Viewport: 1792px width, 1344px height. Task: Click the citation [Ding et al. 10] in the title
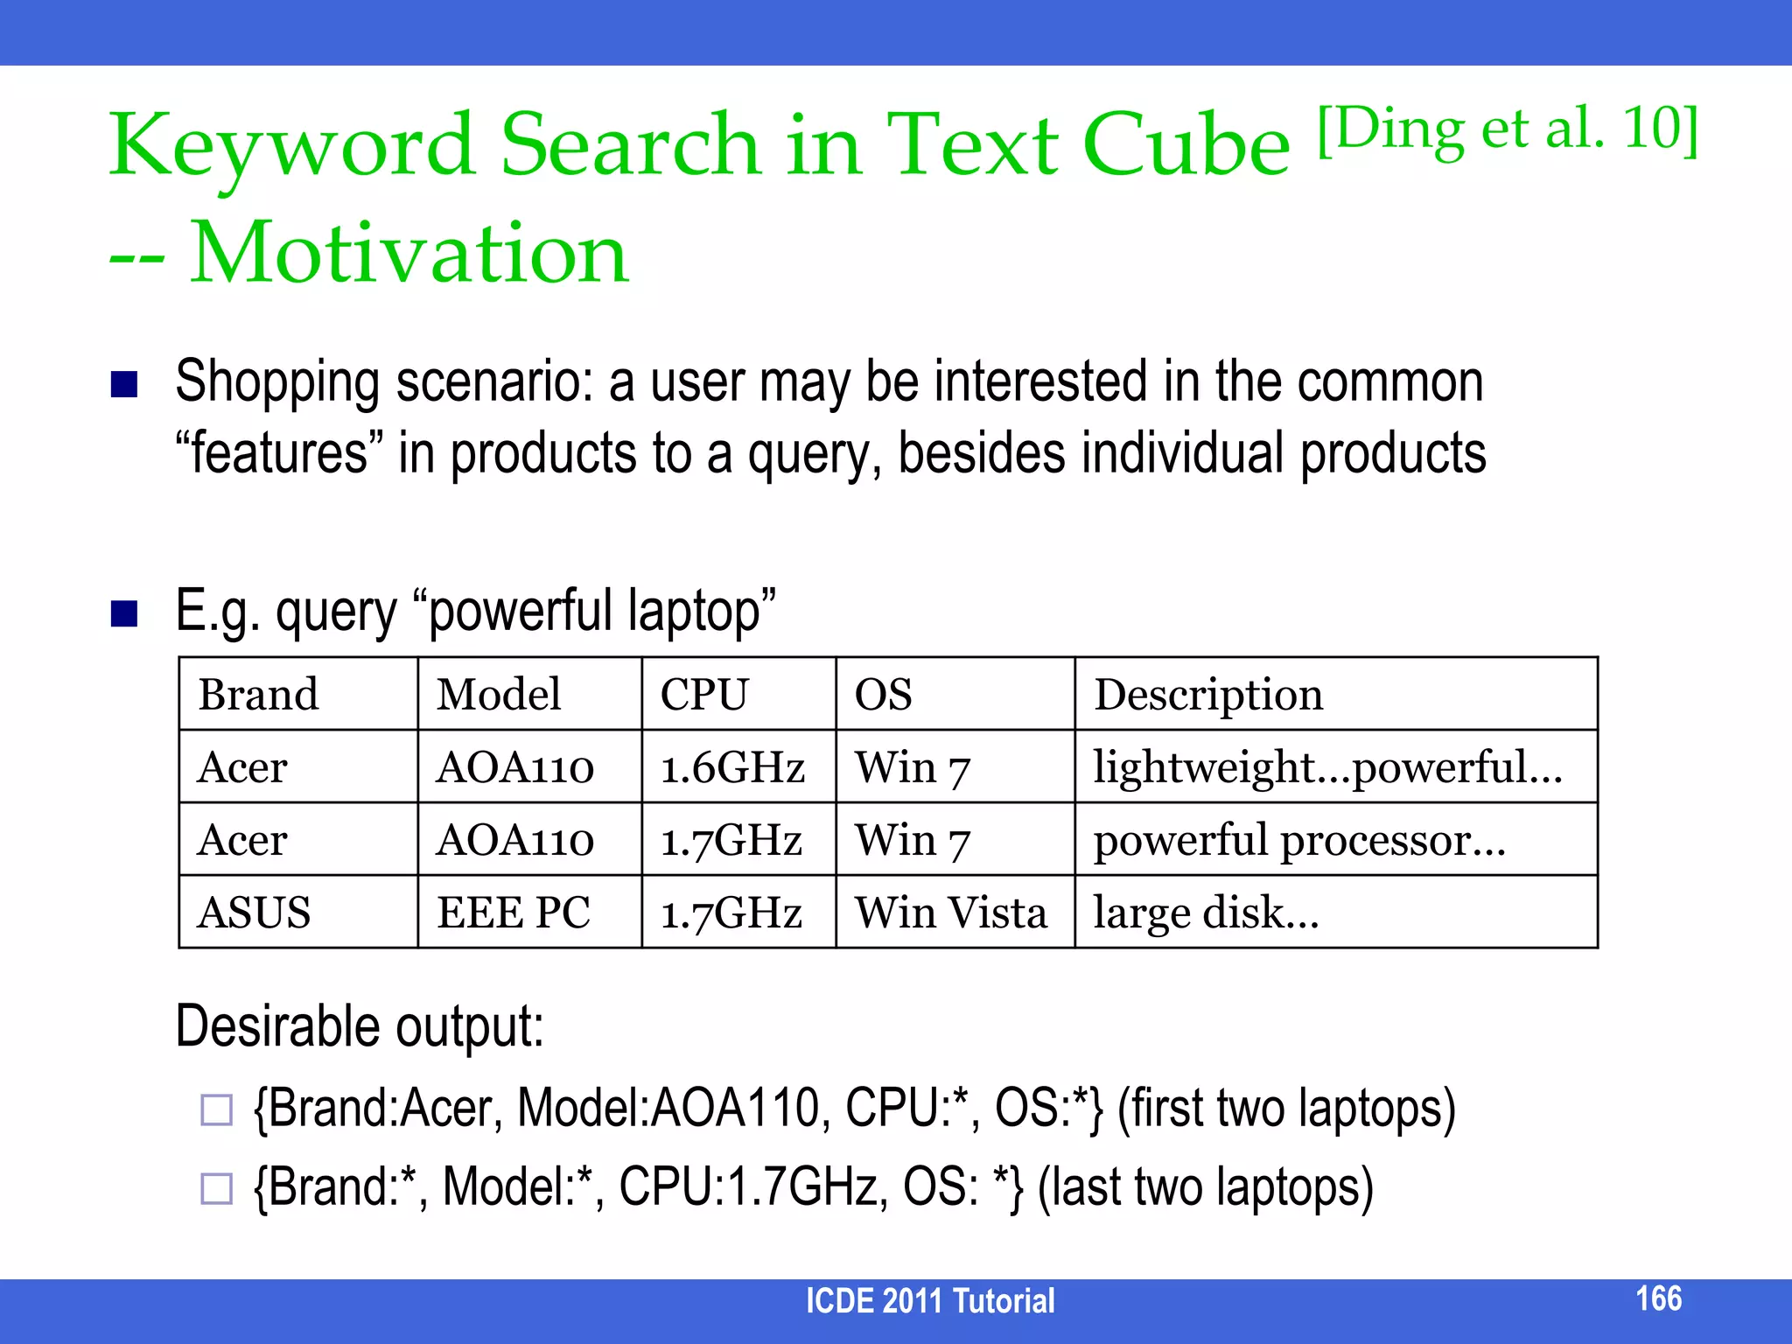1507,131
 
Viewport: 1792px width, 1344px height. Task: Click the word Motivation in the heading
409,254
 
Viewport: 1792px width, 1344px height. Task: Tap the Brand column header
258,695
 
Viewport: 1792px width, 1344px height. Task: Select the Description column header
1208,695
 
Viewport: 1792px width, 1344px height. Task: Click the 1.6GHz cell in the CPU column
732,767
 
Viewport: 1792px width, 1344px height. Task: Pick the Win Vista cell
950,913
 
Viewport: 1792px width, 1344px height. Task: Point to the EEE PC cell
514,913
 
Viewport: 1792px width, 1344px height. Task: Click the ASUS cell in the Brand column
254,913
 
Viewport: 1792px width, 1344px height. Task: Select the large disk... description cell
1206,913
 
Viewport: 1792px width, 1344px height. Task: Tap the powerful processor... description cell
1299,840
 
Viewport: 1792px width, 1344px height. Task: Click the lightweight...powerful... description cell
1326,767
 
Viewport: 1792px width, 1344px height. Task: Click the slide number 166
1658,1298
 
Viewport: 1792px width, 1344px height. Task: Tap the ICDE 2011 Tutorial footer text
929,1301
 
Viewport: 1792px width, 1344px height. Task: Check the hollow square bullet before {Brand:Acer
216,1109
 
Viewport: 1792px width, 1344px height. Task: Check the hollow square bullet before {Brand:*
216,1188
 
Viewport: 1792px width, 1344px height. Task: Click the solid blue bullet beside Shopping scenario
124,384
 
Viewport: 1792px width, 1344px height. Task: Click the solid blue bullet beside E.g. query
124,614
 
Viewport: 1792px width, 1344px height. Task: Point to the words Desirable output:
360,1025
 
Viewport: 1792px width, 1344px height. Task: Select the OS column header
883,695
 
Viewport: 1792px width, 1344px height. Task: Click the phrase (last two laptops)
1205,1187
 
